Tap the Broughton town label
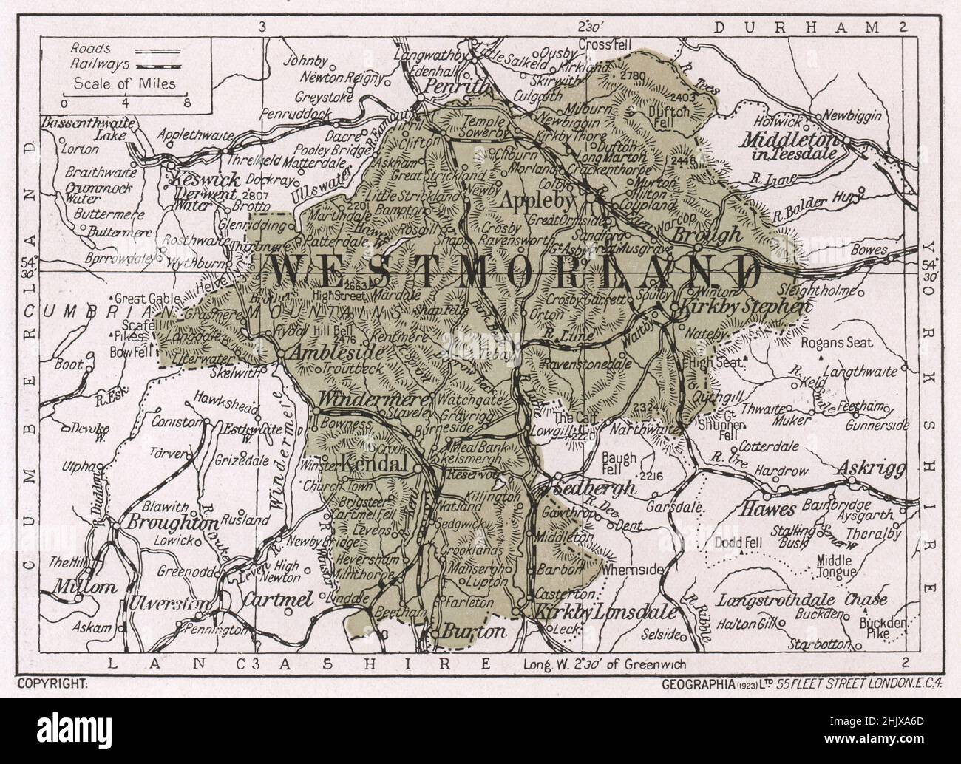pos(165,522)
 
